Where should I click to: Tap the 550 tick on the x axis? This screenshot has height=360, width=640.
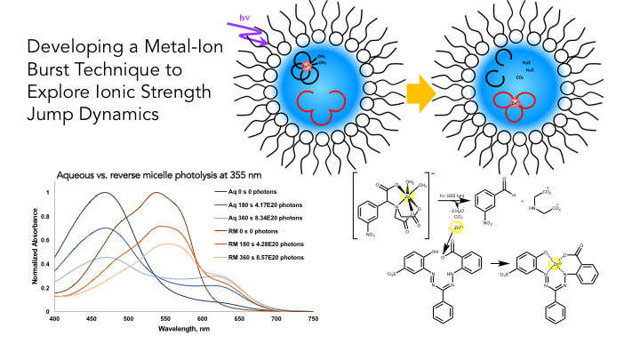coord(166,318)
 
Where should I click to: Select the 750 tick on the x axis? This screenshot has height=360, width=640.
coord(313,318)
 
